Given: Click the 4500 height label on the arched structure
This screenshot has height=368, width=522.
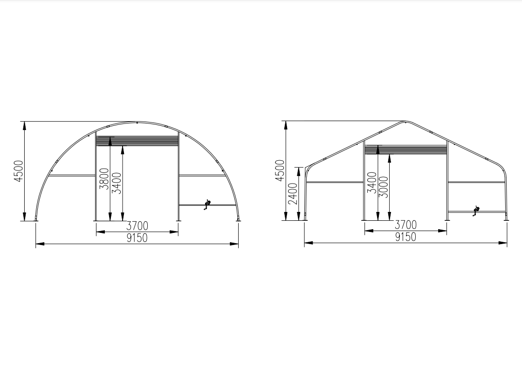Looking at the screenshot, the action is coord(19,171).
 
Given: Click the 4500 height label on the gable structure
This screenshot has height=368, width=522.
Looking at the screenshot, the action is coord(280,170).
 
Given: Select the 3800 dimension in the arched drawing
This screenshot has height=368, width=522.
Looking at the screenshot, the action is coord(104,179).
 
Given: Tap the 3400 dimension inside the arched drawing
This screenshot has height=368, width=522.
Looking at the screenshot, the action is coord(117,183).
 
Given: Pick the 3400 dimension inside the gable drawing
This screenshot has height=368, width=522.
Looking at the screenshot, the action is coord(372,182).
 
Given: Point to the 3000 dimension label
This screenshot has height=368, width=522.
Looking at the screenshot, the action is coord(384,187).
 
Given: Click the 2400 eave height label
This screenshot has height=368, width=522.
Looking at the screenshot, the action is coord(293,193).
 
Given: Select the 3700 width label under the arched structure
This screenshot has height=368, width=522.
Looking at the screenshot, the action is coord(137,226).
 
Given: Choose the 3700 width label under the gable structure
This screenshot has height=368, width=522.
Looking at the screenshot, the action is coord(405,225).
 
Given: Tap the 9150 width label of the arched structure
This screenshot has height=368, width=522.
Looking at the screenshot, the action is coord(137,238).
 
